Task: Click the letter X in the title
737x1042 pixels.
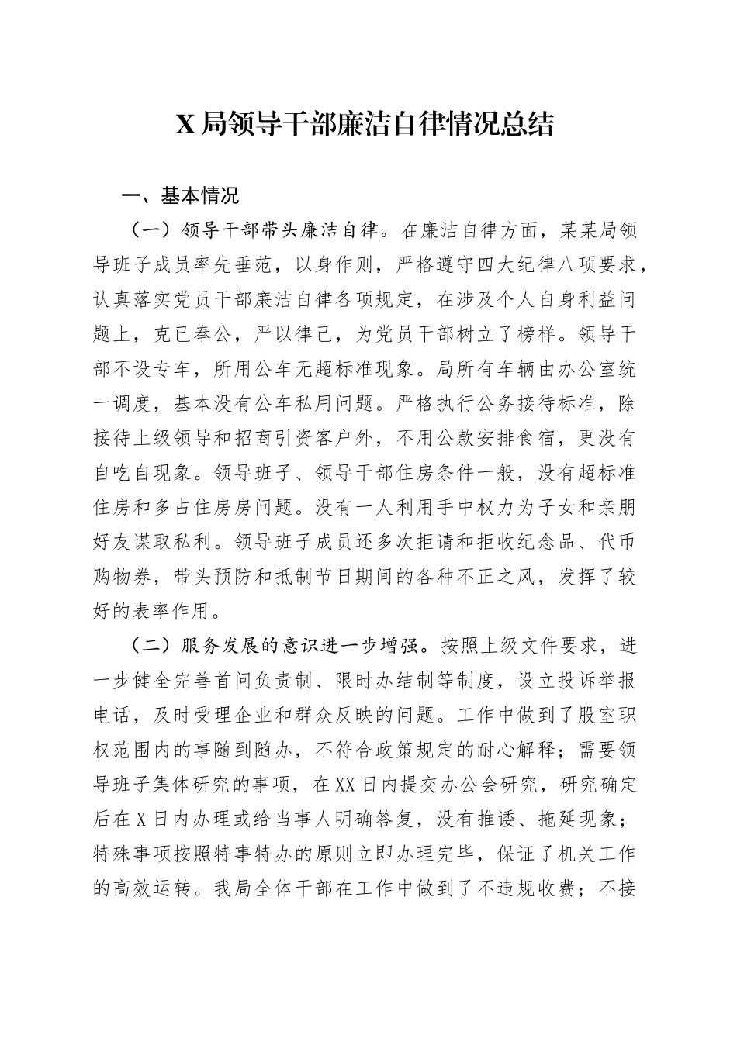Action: click(x=185, y=124)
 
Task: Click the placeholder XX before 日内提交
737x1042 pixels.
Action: click(x=344, y=784)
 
